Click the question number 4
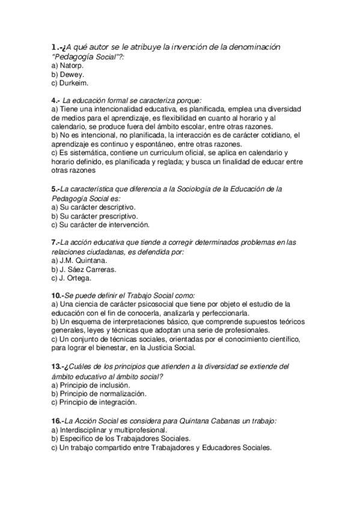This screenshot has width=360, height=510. point(55,100)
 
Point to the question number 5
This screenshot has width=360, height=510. point(55,189)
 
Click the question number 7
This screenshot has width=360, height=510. point(55,242)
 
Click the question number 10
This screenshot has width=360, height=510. point(57,295)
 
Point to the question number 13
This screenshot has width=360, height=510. point(57,366)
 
